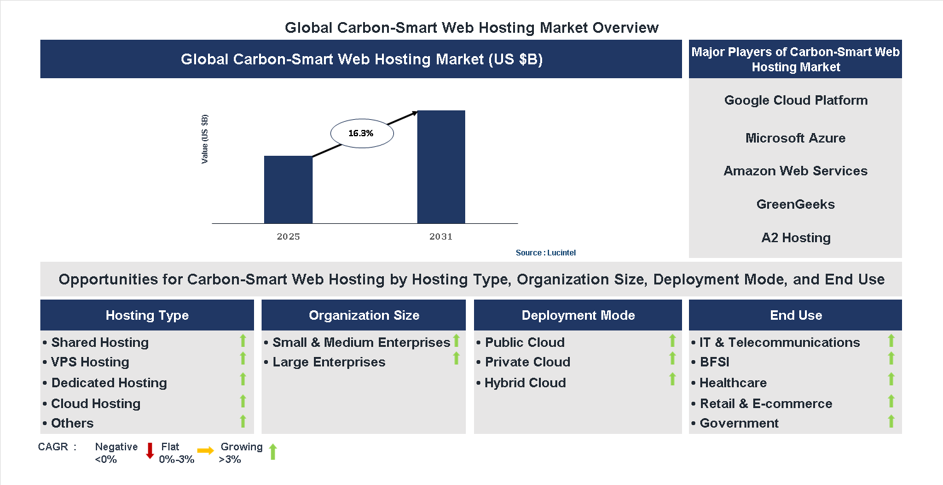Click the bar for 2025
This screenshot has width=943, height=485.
[x=288, y=189]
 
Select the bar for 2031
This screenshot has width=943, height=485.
[x=441, y=167]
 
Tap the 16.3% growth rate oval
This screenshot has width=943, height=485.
[x=362, y=134]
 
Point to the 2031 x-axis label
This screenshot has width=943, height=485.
[x=441, y=237]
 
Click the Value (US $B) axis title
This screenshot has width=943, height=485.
[x=205, y=139]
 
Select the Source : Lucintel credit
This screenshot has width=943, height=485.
[x=545, y=253]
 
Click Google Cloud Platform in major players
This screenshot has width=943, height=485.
[x=795, y=100]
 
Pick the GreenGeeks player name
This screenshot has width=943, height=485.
[x=795, y=204]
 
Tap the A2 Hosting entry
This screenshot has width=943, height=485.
[x=795, y=238]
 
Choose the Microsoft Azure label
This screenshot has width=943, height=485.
[x=795, y=138]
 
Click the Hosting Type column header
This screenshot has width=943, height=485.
[x=147, y=315]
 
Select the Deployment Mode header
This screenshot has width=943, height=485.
[x=578, y=315]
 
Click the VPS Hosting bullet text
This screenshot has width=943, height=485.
[x=90, y=362]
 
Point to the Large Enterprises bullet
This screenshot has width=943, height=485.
[x=328, y=362]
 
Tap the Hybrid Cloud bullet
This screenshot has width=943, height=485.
[x=525, y=383]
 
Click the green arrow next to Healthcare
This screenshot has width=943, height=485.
[x=891, y=379]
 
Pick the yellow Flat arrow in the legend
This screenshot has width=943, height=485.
[x=205, y=450]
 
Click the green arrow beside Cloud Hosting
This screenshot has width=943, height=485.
[x=243, y=401]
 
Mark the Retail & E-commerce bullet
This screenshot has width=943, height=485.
[x=766, y=404]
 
